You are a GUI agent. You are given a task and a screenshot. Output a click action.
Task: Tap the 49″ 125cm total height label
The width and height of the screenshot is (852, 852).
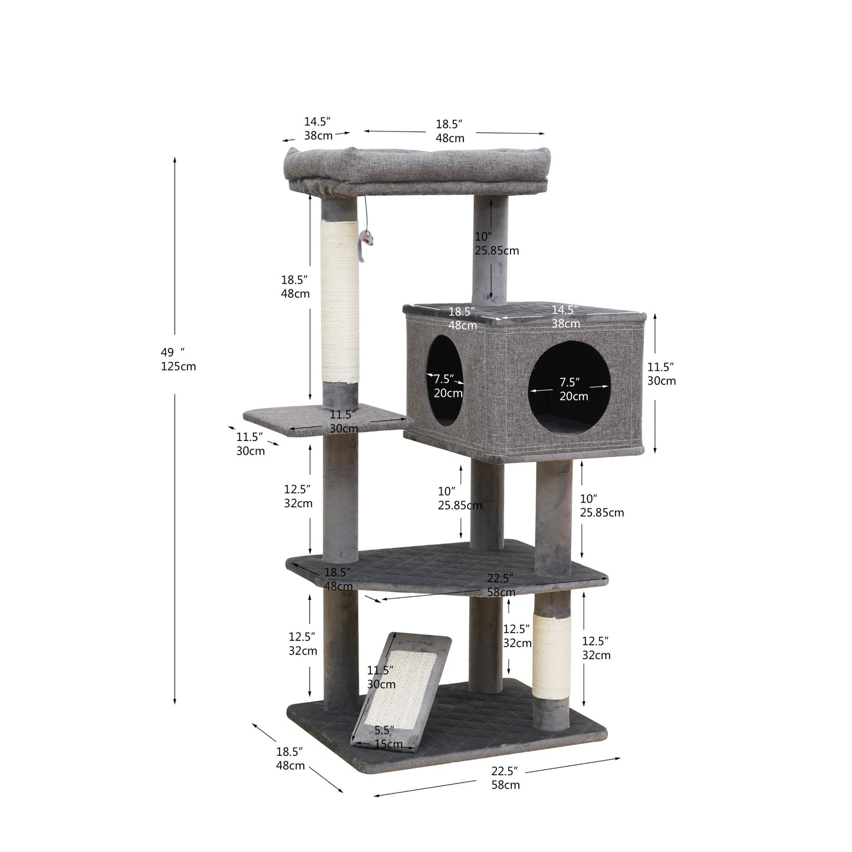(178, 359)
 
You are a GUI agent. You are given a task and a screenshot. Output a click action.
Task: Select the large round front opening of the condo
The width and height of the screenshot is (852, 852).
(569, 388)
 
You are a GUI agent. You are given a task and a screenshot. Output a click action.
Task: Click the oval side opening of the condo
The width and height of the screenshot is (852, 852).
(445, 380)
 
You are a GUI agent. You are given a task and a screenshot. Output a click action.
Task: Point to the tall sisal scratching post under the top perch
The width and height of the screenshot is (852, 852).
(340, 301)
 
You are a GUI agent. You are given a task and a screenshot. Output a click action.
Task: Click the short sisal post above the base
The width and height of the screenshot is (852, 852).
(551, 655)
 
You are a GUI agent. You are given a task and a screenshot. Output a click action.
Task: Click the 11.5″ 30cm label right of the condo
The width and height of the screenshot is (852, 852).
(661, 374)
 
